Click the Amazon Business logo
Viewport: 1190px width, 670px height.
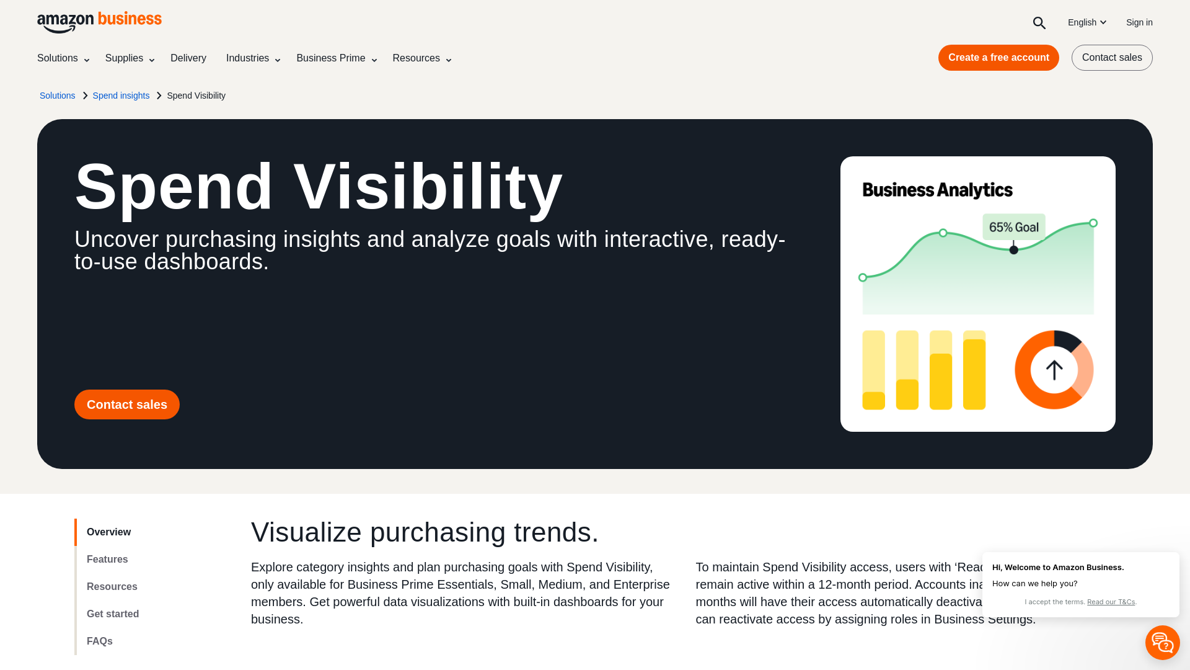pos(99,22)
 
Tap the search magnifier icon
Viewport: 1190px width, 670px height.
pos(1039,23)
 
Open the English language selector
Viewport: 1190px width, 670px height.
pos(1086,22)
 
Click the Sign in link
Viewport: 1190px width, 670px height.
pos(1139,22)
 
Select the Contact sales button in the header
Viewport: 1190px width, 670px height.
pos(1111,58)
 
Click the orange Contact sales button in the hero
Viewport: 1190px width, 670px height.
pos(126,404)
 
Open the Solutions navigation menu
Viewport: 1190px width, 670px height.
pos(63,58)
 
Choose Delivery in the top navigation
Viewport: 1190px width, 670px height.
pos(188,58)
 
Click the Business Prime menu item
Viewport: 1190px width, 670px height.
pos(336,58)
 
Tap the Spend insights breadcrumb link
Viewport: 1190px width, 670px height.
pos(121,96)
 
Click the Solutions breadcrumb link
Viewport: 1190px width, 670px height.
pos(57,96)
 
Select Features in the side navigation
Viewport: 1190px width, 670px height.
pos(107,560)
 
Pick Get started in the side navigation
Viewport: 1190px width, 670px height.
pos(113,614)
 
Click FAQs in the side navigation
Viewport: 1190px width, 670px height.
pos(100,641)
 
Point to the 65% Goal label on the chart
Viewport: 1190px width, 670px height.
pos(1013,227)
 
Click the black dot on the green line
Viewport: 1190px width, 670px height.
pos(1013,250)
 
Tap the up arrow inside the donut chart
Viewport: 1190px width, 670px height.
pos(1054,370)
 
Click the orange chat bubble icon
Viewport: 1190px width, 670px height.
pos(1162,643)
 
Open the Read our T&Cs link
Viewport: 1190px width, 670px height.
pos(1111,602)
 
